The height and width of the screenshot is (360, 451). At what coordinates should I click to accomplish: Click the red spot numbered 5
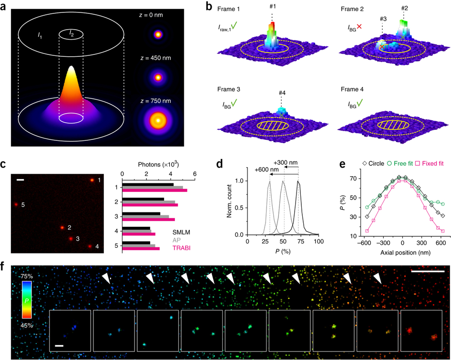click(15, 204)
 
